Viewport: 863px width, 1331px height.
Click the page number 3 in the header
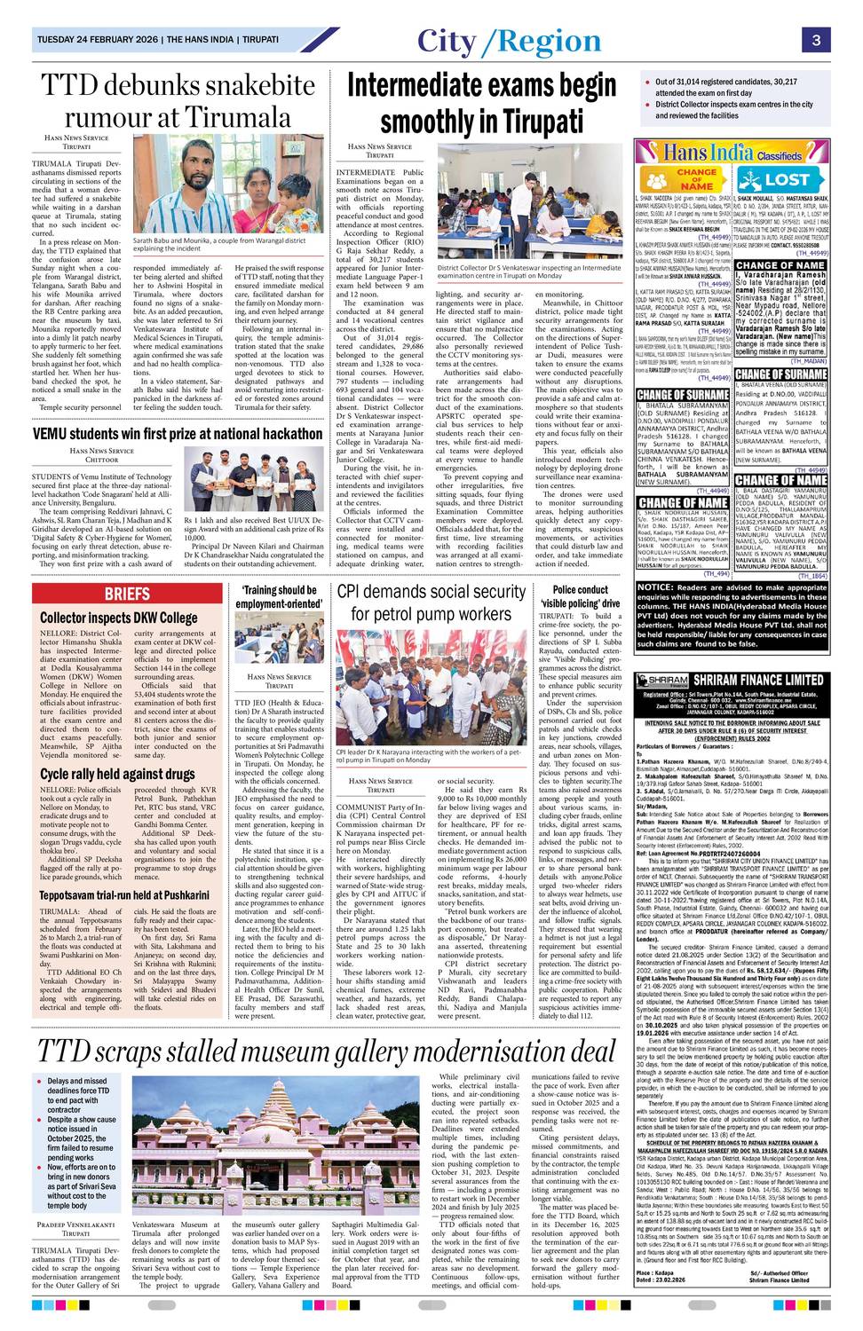pyautogui.click(x=815, y=41)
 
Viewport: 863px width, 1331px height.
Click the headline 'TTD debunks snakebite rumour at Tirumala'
pyautogui.click(x=178, y=101)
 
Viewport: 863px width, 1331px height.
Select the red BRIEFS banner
pyautogui.click(x=127, y=594)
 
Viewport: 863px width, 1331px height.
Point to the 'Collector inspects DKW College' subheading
pyautogui.click(x=119, y=618)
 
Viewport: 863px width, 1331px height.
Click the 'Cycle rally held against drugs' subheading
pyautogui.click(x=117, y=774)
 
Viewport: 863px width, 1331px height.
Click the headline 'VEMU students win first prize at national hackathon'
pyautogui.click(x=178, y=434)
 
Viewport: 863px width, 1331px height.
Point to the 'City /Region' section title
pyautogui.click(x=509, y=42)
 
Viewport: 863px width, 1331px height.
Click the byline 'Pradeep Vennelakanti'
pyautogui.click(x=75, y=1225)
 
